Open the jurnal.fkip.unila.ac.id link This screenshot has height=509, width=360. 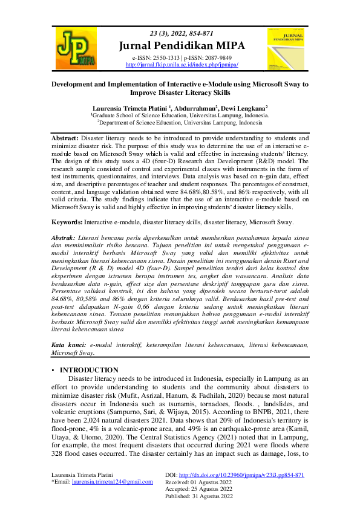click(x=182, y=64)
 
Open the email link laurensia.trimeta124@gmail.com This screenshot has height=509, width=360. click(x=112, y=482)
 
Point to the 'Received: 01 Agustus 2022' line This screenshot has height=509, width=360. click(x=198, y=482)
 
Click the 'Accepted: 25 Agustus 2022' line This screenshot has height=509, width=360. click(x=198, y=489)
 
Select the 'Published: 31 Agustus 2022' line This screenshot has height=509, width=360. click(x=199, y=496)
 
